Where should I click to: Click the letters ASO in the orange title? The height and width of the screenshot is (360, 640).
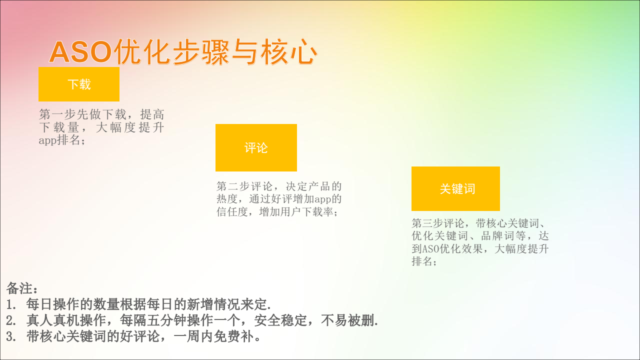click(80, 52)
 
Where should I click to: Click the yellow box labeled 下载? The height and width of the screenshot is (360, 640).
click(79, 84)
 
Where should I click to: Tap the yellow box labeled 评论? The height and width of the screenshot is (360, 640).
click(256, 147)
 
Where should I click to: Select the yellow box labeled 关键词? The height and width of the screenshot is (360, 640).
click(455, 189)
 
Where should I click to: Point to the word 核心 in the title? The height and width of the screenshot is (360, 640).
click(288, 52)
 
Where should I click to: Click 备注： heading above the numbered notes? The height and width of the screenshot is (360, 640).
click(22, 288)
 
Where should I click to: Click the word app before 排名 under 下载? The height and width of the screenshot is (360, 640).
click(47, 140)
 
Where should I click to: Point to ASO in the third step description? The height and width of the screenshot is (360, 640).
click(431, 249)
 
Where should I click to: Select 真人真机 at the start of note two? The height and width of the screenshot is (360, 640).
click(53, 320)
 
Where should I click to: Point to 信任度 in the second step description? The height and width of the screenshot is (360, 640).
click(232, 212)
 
